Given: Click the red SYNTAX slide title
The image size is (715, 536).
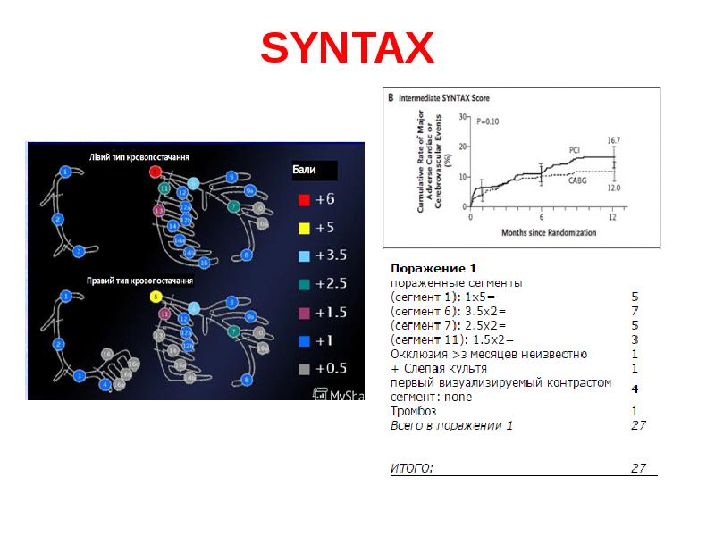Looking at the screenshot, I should (x=347, y=48).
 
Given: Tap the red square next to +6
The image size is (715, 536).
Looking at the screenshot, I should (x=304, y=198).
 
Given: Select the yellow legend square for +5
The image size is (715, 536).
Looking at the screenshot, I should (x=304, y=228).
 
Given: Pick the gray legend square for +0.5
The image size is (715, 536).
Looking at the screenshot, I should (x=304, y=369).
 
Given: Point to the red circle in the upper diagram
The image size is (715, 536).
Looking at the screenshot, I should (x=156, y=171).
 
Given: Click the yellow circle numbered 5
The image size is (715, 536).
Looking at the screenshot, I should (x=156, y=297).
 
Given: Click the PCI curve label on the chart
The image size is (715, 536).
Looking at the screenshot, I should (x=576, y=148).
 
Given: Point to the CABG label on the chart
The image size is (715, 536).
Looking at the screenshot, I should (x=577, y=180).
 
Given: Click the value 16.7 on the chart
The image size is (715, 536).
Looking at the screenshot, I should (x=614, y=140).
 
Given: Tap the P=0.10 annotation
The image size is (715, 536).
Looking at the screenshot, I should (x=488, y=121).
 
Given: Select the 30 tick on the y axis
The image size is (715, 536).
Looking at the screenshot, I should (x=463, y=116).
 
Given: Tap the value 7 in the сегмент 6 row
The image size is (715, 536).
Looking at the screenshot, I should (x=635, y=310).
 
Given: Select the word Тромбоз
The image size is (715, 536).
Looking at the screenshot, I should (x=414, y=411).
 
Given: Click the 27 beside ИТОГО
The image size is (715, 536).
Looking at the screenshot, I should (x=638, y=467).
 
